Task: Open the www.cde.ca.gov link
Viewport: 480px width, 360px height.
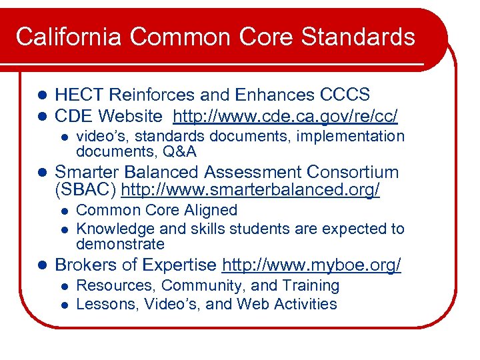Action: [285, 117]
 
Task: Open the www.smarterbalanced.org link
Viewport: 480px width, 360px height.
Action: [250, 191]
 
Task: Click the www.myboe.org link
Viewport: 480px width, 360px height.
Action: [311, 265]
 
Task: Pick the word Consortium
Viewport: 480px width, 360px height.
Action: [337, 172]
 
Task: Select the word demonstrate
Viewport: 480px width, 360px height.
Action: [120, 244]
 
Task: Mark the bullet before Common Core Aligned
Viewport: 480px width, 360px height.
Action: [63, 211]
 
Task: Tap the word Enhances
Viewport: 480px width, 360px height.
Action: [259, 95]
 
